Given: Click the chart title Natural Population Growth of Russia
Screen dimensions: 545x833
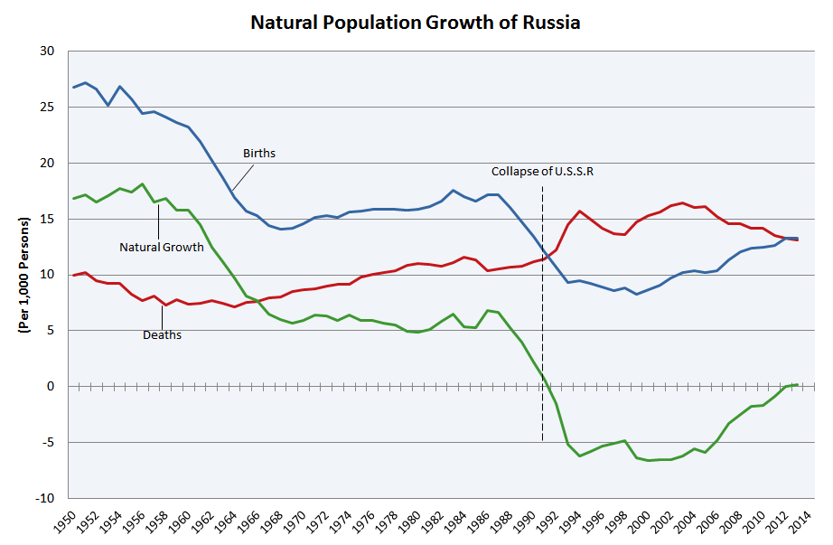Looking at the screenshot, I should point(416,22).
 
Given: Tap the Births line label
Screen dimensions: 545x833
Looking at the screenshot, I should point(259,154).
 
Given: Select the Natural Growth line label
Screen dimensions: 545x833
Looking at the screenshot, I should point(162,246).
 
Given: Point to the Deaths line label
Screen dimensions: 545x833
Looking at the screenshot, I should point(163,334).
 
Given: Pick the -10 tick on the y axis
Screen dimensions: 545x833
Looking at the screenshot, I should point(45,499).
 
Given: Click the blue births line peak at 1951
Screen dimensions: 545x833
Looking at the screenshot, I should point(85,83).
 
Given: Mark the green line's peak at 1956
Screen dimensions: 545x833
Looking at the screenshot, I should point(143,183).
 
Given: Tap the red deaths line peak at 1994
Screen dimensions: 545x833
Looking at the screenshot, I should point(579,211).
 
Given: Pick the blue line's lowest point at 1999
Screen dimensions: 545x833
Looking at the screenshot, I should point(636,294).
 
